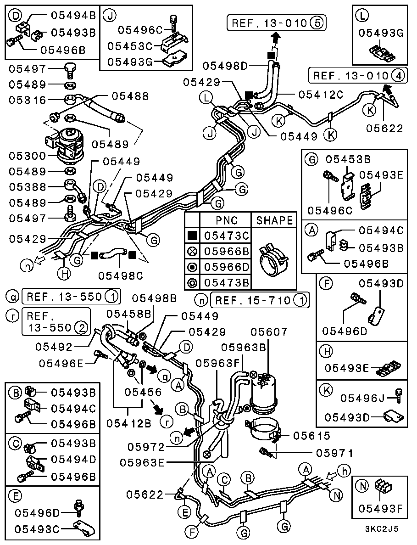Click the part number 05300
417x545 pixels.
(x=27, y=156)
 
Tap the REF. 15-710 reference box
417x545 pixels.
(x=259, y=301)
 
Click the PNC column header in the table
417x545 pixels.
(x=227, y=220)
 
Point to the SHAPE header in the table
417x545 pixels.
(x=274, y=220)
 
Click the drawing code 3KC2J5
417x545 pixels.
(x=381, y=528)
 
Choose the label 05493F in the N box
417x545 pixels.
(x=380, y=508)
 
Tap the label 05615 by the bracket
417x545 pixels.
(x=311, y=435)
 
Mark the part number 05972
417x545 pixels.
(x=145, y=446)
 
